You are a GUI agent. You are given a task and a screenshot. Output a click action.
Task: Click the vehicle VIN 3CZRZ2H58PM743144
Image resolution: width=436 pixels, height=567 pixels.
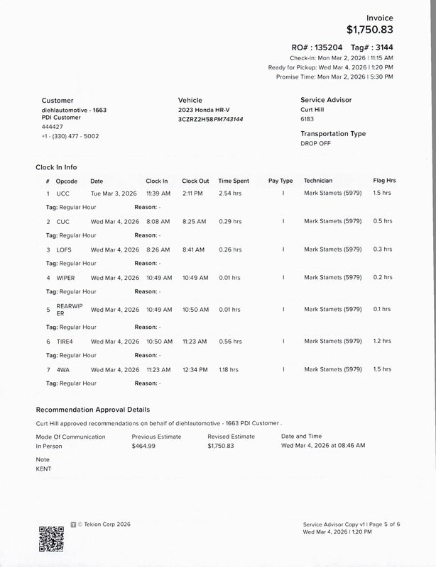(x=210, y=119)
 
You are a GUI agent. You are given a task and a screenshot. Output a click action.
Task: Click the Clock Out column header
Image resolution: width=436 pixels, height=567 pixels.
(x=195, y=181)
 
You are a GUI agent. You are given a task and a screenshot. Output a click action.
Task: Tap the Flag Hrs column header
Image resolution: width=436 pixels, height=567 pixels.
(x=384, y=181)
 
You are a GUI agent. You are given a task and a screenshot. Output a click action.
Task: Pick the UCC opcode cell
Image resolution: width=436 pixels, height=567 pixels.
(x=62, y=193)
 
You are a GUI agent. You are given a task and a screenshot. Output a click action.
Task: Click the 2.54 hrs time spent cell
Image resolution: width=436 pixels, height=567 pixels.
(x=230, y=193)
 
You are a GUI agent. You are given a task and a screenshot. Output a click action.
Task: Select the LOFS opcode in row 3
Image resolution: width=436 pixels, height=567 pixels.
(x=65, y=249)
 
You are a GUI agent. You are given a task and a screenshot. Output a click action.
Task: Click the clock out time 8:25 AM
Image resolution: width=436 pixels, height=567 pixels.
(x=194, y=221)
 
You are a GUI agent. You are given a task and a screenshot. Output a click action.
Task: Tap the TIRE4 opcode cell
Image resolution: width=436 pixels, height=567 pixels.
(x=65, y=341)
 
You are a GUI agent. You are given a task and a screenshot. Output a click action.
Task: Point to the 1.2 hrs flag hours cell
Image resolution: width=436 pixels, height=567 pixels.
(x=382, y=341)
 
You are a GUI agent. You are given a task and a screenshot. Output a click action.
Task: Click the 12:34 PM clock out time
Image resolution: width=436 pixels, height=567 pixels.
(x=195, y=369)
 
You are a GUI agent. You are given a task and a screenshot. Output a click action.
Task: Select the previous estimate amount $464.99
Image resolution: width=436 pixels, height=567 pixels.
(x=143, y=446)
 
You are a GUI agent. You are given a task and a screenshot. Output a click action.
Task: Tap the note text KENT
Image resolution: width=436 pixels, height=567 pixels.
(x=43, y=468)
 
